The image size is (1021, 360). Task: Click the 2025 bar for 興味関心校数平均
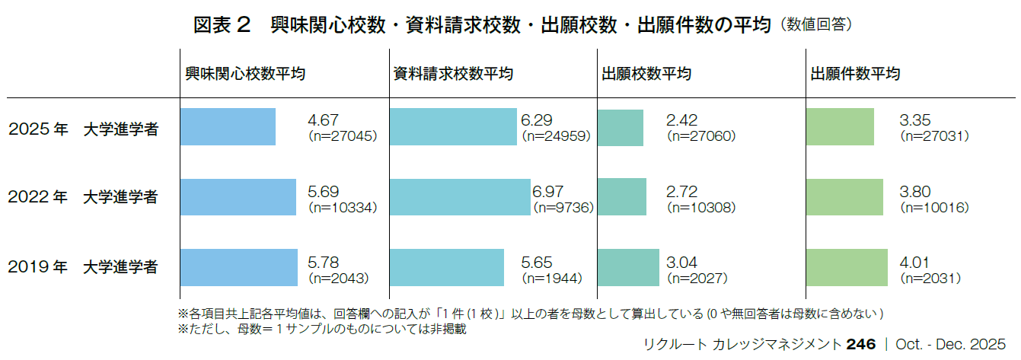pos(228,127)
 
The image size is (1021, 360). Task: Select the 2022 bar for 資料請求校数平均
pos(460,197)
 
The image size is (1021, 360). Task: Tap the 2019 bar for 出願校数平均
pos(628,267)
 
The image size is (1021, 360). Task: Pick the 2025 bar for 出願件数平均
pos(840,127)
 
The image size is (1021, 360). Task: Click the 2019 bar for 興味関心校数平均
pos(238,267)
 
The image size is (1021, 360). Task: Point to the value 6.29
pos(536,120)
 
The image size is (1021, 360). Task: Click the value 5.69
pos(323,190)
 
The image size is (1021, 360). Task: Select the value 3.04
pos(681,261)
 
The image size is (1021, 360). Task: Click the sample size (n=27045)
pos(342,137)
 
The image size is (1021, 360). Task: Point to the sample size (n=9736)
pos(563,207)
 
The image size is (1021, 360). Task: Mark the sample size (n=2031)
pos(930,278)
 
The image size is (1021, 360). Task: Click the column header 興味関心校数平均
pos(246,74)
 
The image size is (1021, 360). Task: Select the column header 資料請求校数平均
pos(453,74)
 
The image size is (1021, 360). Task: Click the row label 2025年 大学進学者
pos(83,129)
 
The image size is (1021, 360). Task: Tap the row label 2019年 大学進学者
pos(83,268)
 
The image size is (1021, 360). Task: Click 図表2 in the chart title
pos(222,24)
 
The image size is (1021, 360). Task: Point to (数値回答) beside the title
pos(815,25)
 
